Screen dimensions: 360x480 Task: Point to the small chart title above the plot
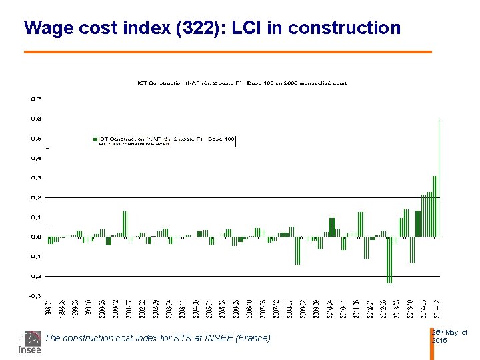tap(242, 83)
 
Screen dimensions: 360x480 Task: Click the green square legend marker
tap(96, 139)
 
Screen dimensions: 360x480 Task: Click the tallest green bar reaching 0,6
tap(439, 177)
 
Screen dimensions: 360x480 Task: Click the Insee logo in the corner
tap(29, 342)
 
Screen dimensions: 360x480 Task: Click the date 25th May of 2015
tap(449, 336)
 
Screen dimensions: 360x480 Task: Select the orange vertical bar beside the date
tap(431, 343)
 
